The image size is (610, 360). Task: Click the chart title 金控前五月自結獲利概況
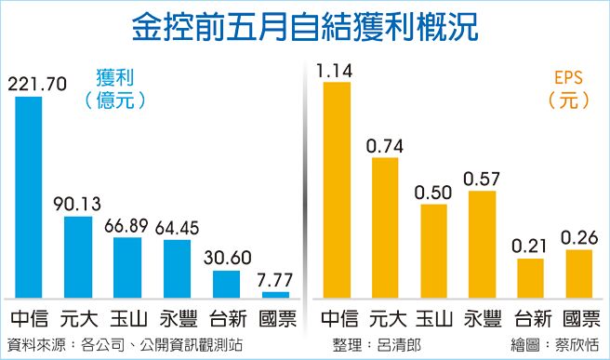point(304,26)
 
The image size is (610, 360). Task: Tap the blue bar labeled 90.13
point(77,257)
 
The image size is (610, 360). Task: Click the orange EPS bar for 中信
point(336,190)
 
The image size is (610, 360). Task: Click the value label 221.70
point(36,85)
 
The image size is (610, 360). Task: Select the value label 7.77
point(276,281)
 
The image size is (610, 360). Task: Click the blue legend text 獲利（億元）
point(115,89)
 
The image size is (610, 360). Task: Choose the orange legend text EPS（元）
point(569,89)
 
